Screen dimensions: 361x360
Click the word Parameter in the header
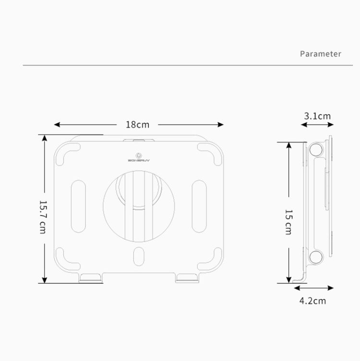(320, 53)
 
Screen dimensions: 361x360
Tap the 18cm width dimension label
(137, 125)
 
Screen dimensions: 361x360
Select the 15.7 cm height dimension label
(42, 217)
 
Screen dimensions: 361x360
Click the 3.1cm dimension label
(317, 116)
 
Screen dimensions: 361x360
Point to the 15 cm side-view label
(288, 221)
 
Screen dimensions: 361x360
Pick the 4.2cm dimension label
(312, 301)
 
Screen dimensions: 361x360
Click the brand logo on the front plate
(138, 157)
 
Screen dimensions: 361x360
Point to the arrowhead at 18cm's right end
(221, 125)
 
